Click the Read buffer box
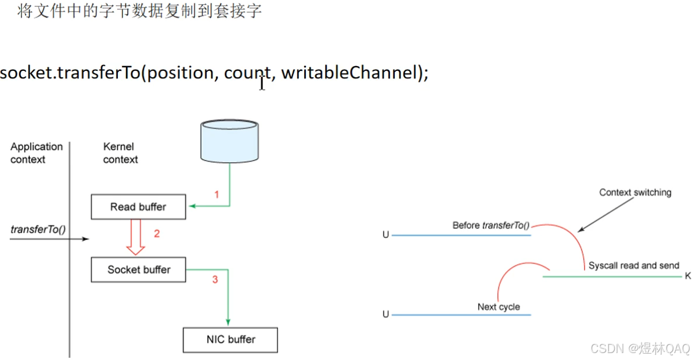[138, 207]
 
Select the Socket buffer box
[139, 269]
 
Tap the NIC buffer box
[230, 340]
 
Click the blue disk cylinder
[229, 140]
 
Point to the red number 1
[217, 195]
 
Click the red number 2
[156, 234]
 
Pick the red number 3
[215, 279]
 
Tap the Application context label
[36, 153]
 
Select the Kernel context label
[121, 153]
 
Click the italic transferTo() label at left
[38, 229]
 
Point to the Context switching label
[635, 192]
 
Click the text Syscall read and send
[633, 265]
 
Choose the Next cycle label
[499, 307]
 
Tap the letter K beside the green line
[688, 276]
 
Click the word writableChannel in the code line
[349, 73]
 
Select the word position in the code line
[181, 74]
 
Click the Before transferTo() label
[491, 225]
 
